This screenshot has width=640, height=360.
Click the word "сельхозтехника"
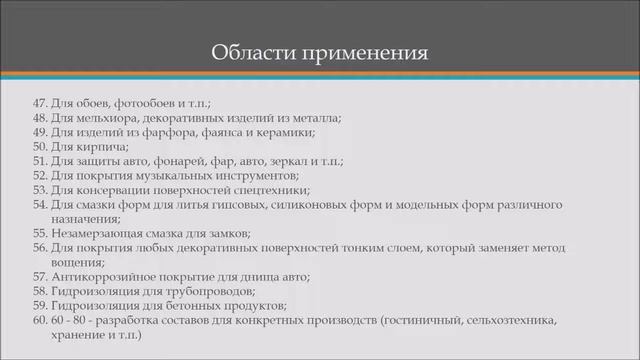point(503,320)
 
